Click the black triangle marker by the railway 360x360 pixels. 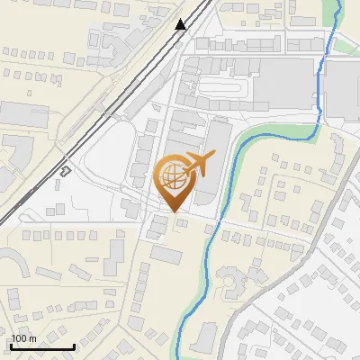point(181,24)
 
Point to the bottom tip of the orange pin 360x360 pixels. point(174,211)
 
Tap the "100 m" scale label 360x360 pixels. point(24,338)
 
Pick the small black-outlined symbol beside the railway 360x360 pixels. point(66,170)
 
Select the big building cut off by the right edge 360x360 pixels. point(343,90)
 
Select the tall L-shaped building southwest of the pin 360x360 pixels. point(113,256)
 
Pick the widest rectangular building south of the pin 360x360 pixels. point(166,255)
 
